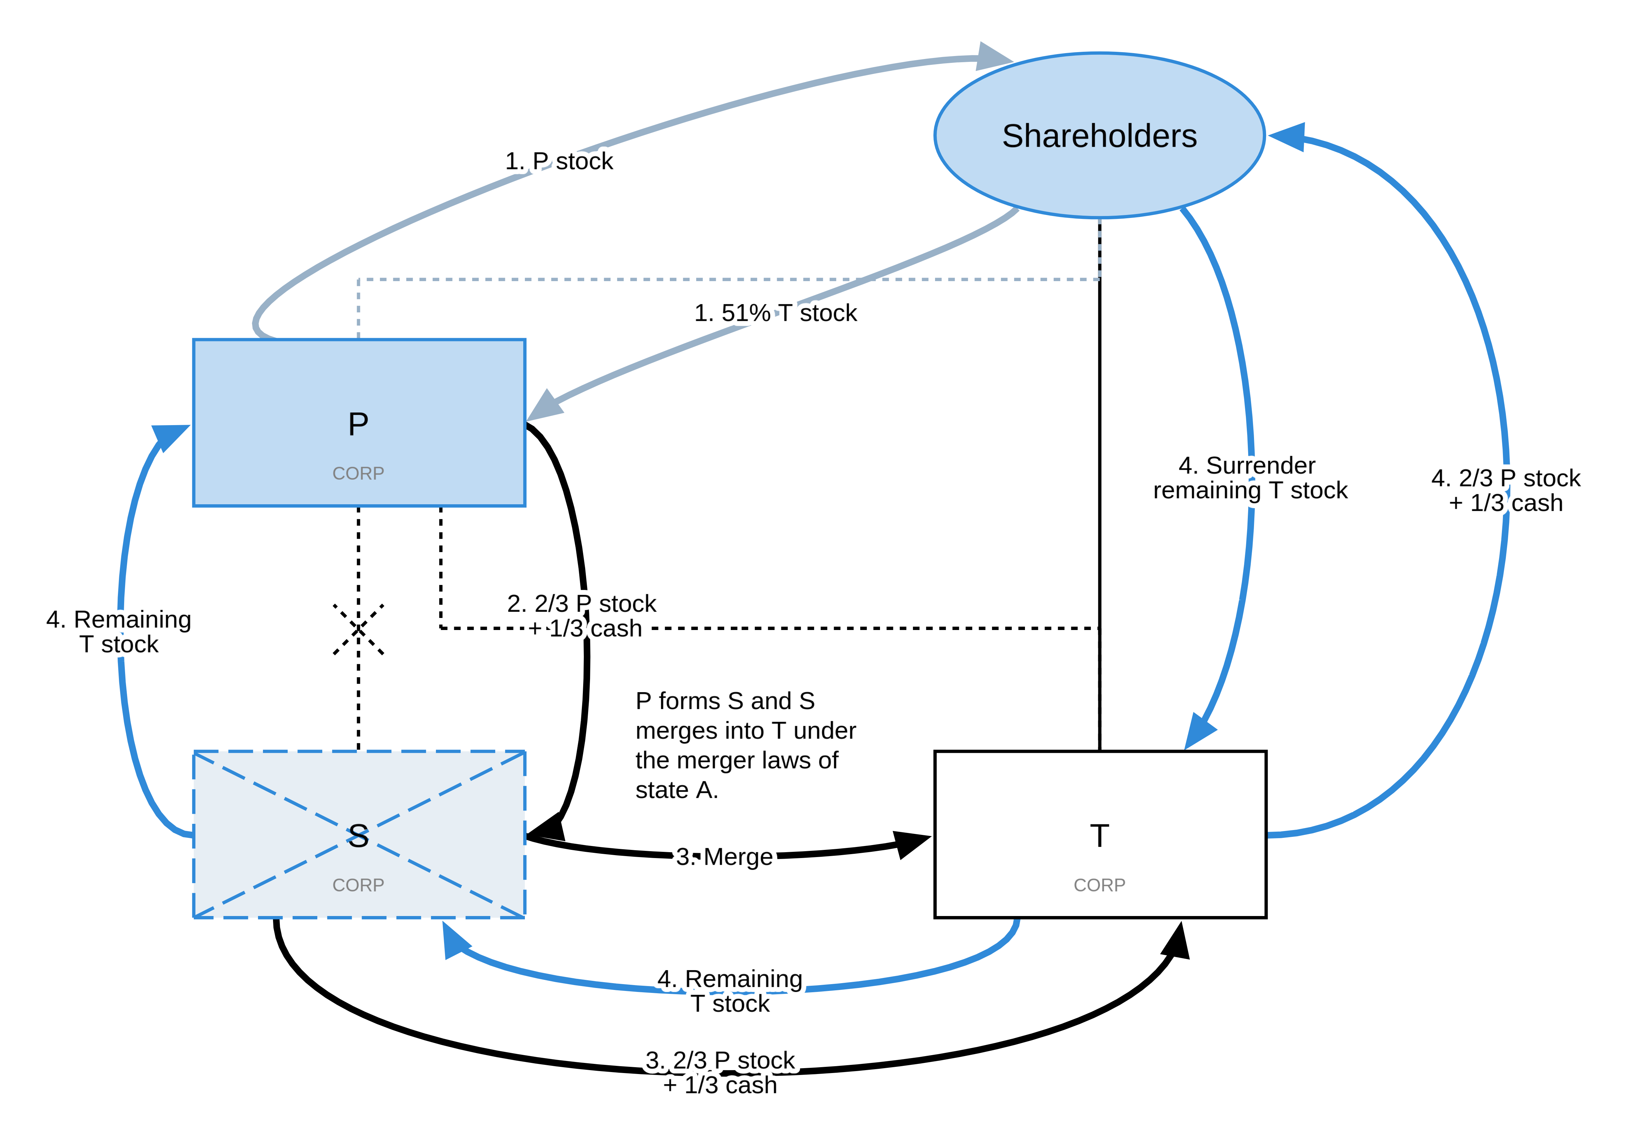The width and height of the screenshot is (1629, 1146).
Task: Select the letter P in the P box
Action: pyautogui.click(x=358, y=424)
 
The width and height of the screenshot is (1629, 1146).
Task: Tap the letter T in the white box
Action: pyautogui.click(x=1099, y=836)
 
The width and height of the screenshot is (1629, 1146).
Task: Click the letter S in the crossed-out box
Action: pyautogui.click(x=358, y=836)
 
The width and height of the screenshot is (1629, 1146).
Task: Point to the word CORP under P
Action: pyautogui.click(x=358, y=473)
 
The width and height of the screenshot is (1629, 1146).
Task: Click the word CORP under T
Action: pyautogui.click(x=1099, y=885)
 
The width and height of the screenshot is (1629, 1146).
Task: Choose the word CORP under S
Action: pyautogui.click(x=358, y=885)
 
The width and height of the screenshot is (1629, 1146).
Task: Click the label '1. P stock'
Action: pyautogui.click(x=560, y=161)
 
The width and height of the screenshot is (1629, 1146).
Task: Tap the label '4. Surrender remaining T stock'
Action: pyautogui.click(x=1251, y=478)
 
